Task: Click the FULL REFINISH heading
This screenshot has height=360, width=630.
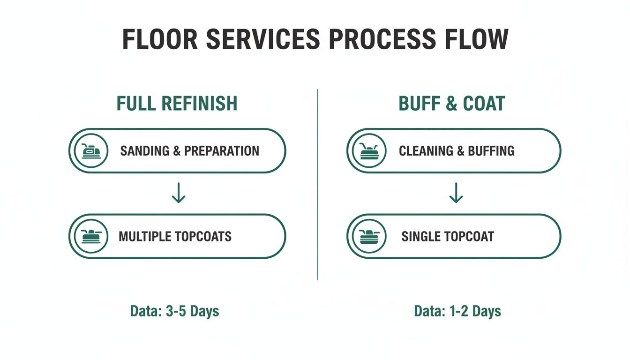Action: (177, 104)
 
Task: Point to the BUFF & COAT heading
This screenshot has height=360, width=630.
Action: (452, 104)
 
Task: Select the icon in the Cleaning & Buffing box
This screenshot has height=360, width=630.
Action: (369, 151)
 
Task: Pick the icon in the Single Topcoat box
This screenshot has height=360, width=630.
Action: (369, 236)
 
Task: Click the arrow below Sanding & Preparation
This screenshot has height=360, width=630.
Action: (178, 194)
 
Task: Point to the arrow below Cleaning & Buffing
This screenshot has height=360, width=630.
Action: (456, 194)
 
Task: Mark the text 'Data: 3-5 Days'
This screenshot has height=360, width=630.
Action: (174, 311)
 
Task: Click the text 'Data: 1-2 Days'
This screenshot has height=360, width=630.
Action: (457, 311)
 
